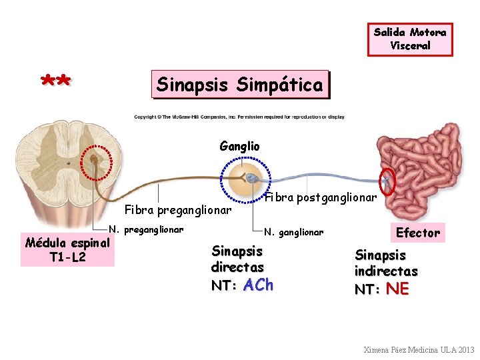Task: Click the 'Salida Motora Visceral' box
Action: click(410, 39)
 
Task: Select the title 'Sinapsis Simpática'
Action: click(240, 85)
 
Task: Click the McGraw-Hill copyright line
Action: click(239, 117)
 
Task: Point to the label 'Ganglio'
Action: click(239, 146)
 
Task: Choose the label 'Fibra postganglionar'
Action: click(321, 197)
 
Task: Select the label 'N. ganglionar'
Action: click(294, 232)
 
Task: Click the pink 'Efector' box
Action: click(418, 233)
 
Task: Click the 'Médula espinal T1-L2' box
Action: click(67, 249)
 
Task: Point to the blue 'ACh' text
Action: click(259, 285)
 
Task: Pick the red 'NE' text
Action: click(397, 289)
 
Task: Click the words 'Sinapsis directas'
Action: click(237, 259)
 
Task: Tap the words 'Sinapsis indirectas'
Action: click(386, 263)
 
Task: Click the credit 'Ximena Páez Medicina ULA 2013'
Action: click(419, 349)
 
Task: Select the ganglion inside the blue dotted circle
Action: click(247, 177)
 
